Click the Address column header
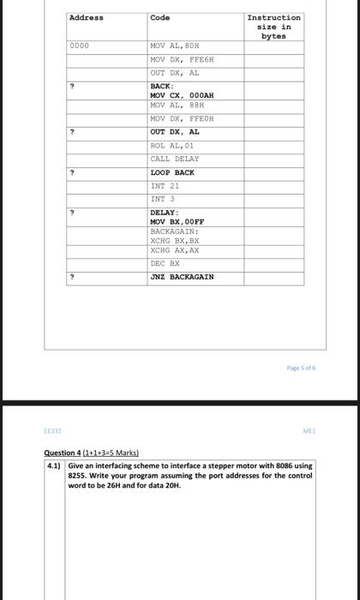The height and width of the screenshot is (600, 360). tap(86, 18)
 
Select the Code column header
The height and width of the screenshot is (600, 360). tap(160, 18)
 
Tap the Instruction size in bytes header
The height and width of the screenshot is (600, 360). tap(273, 27)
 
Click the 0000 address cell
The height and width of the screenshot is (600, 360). tap(80, 45)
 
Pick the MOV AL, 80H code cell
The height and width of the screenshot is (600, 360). tap(174, 45)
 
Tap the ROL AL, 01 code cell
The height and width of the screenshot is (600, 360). tap(172, 146)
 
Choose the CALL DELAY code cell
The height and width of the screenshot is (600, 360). tap(174, 159)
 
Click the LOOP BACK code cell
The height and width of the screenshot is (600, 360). tap(172, 173)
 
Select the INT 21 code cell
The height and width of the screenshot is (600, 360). tap(165, 186)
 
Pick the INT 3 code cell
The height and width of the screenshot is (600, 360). tap(162, 199)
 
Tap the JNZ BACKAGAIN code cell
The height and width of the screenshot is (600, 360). tap(182, 277)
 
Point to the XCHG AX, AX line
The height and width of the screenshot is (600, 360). tap(175, 250)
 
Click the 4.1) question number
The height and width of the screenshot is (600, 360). tap(55, 466)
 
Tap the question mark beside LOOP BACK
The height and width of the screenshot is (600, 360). tap(72, 173)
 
